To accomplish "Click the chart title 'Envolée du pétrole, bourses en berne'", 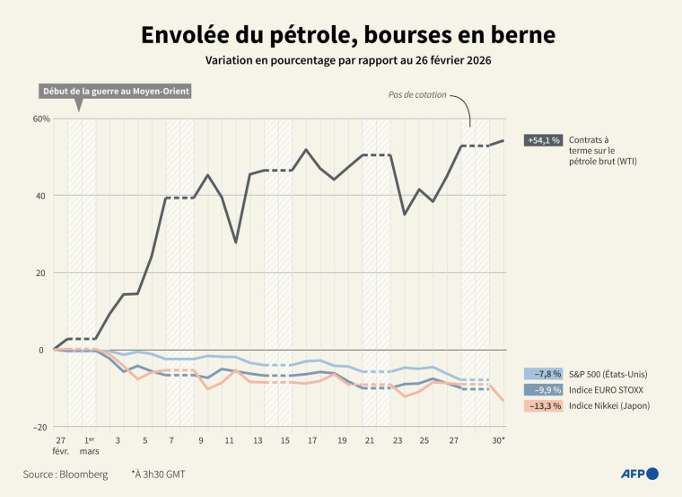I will point(347,35).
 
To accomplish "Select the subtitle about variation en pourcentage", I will point(347,61).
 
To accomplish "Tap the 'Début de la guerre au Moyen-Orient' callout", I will point(117,92).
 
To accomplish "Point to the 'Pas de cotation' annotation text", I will point(417,94).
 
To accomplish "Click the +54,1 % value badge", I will point(544,140).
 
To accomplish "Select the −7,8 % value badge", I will point(544,374).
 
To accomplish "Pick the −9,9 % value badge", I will point(544,390).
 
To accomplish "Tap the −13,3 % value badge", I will point(544,406).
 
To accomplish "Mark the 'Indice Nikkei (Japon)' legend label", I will point(608,406).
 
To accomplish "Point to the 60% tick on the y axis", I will point(40,119).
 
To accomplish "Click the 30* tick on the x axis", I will point(499,440).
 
